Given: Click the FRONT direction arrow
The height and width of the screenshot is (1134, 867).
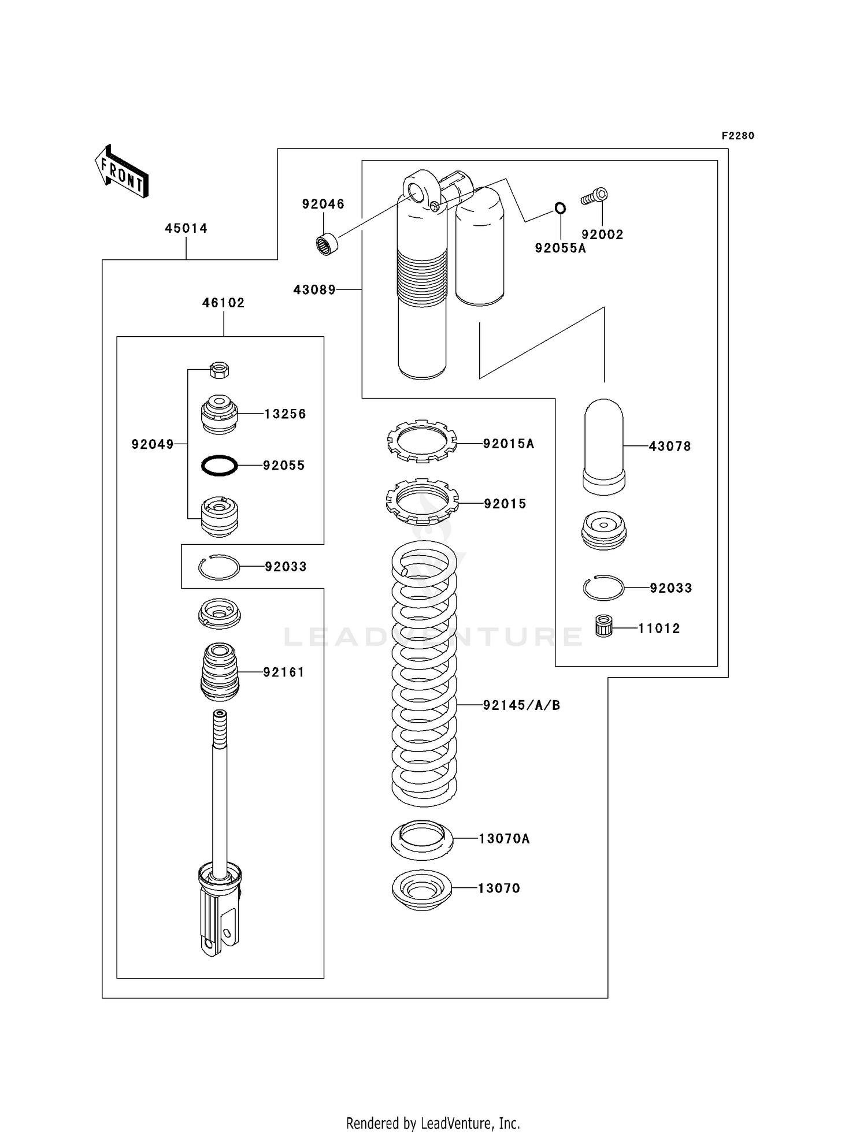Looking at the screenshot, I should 122,172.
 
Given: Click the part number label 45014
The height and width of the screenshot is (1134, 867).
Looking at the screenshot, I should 186,228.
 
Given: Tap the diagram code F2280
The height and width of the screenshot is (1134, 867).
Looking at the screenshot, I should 738,136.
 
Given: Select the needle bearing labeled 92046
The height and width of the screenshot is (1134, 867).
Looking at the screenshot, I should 328,243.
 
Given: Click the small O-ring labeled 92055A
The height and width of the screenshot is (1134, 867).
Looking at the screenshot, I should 560,208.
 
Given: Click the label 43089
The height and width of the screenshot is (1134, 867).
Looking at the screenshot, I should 314,289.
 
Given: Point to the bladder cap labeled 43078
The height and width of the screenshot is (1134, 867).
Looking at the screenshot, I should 603,446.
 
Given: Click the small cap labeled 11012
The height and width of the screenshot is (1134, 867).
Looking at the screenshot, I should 603,627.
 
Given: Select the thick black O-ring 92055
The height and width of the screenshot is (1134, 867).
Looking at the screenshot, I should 219,465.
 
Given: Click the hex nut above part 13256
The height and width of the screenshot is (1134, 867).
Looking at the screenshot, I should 220,370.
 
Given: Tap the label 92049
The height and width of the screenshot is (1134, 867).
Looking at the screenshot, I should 152,444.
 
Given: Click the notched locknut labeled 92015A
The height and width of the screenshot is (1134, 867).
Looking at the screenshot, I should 421,441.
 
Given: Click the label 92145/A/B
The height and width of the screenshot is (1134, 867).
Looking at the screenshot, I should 521,705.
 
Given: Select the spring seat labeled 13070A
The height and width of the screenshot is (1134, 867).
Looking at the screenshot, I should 422,839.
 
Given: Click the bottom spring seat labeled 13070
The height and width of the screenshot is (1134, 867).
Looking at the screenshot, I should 421,890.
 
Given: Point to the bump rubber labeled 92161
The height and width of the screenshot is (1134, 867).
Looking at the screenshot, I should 219,672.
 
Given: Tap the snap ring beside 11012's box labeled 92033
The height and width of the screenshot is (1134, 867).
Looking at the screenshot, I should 603,588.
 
